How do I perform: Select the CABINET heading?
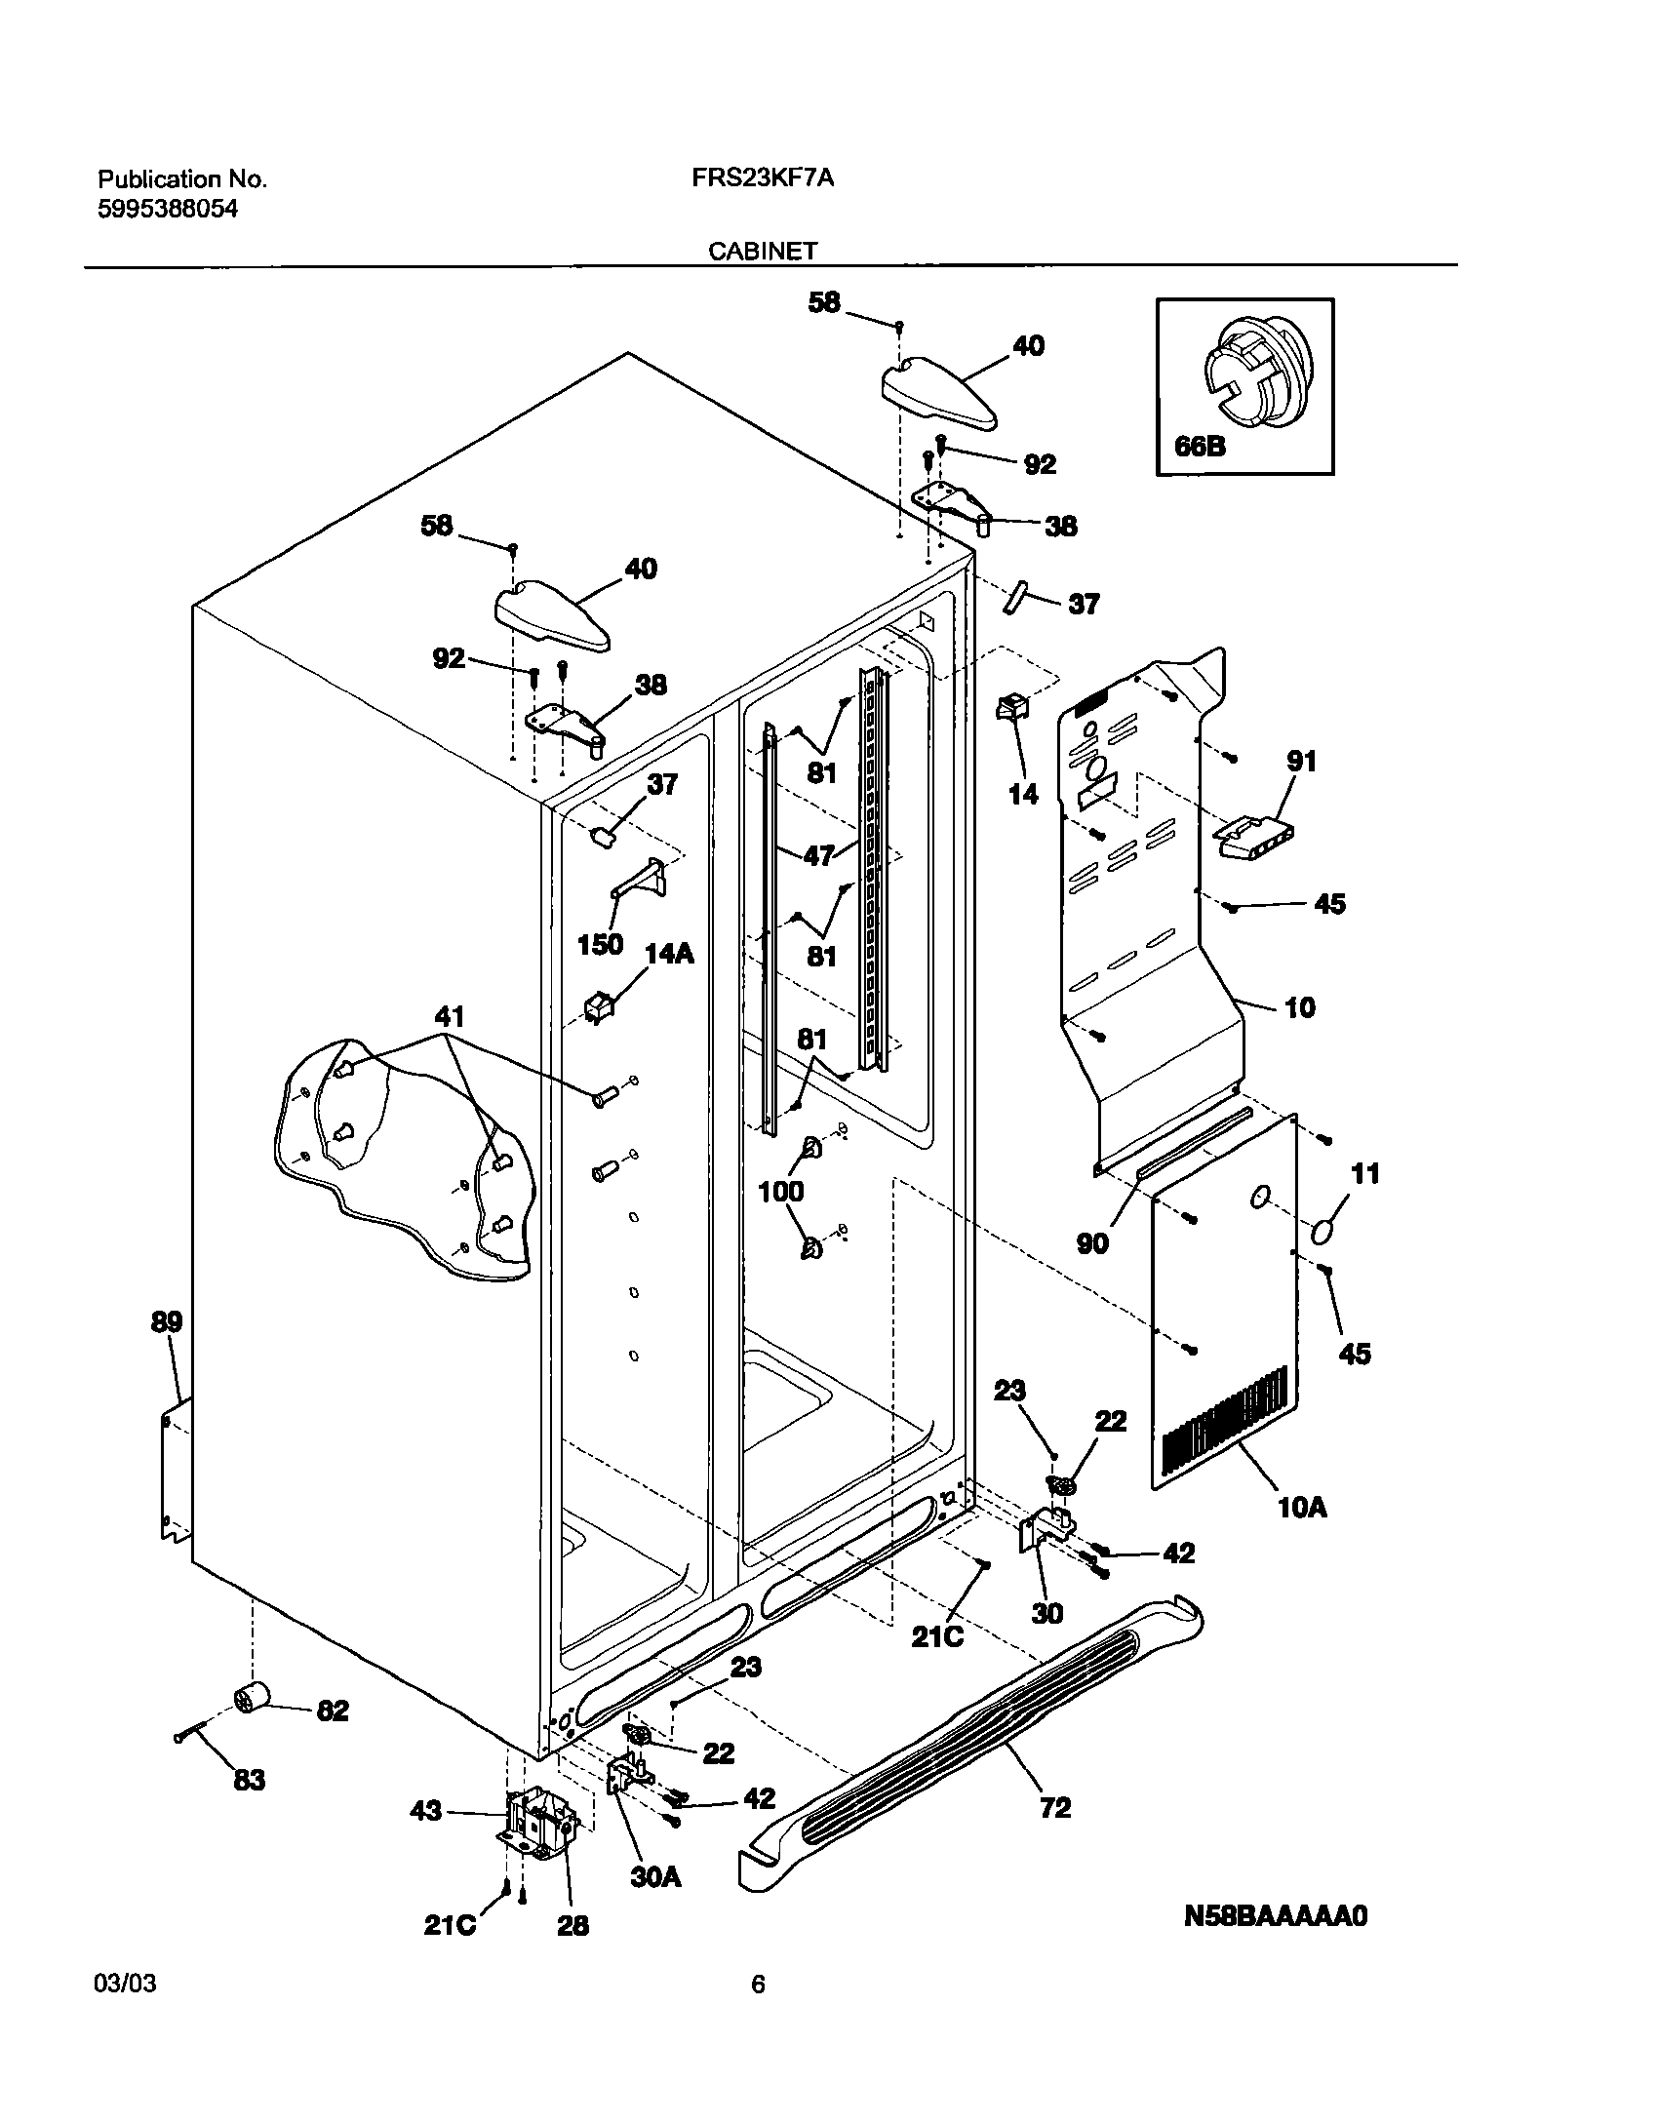pyautogui.click(x=762, y=252)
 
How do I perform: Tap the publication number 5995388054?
pyautogui.click(x=167, y=208)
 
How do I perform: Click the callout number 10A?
pyautogui.click(x=1302, y=1508)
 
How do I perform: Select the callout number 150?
pyautogui.click(x=600, y=944)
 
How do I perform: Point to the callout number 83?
pyautogui.click(x=250, y=1781)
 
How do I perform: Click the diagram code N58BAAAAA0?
pyautogui.click(x=1276, y=1916)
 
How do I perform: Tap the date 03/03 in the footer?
pyautogui.click(x=125, y=1985)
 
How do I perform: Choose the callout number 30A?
pyautogui.click(x=654, y=1876)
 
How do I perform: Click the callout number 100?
pyautogui.click(x=781, y=1191)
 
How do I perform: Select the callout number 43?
pyautogui.click(x=426, y=1811)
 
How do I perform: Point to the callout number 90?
pyautogui.click(x=1092, y=1243)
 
